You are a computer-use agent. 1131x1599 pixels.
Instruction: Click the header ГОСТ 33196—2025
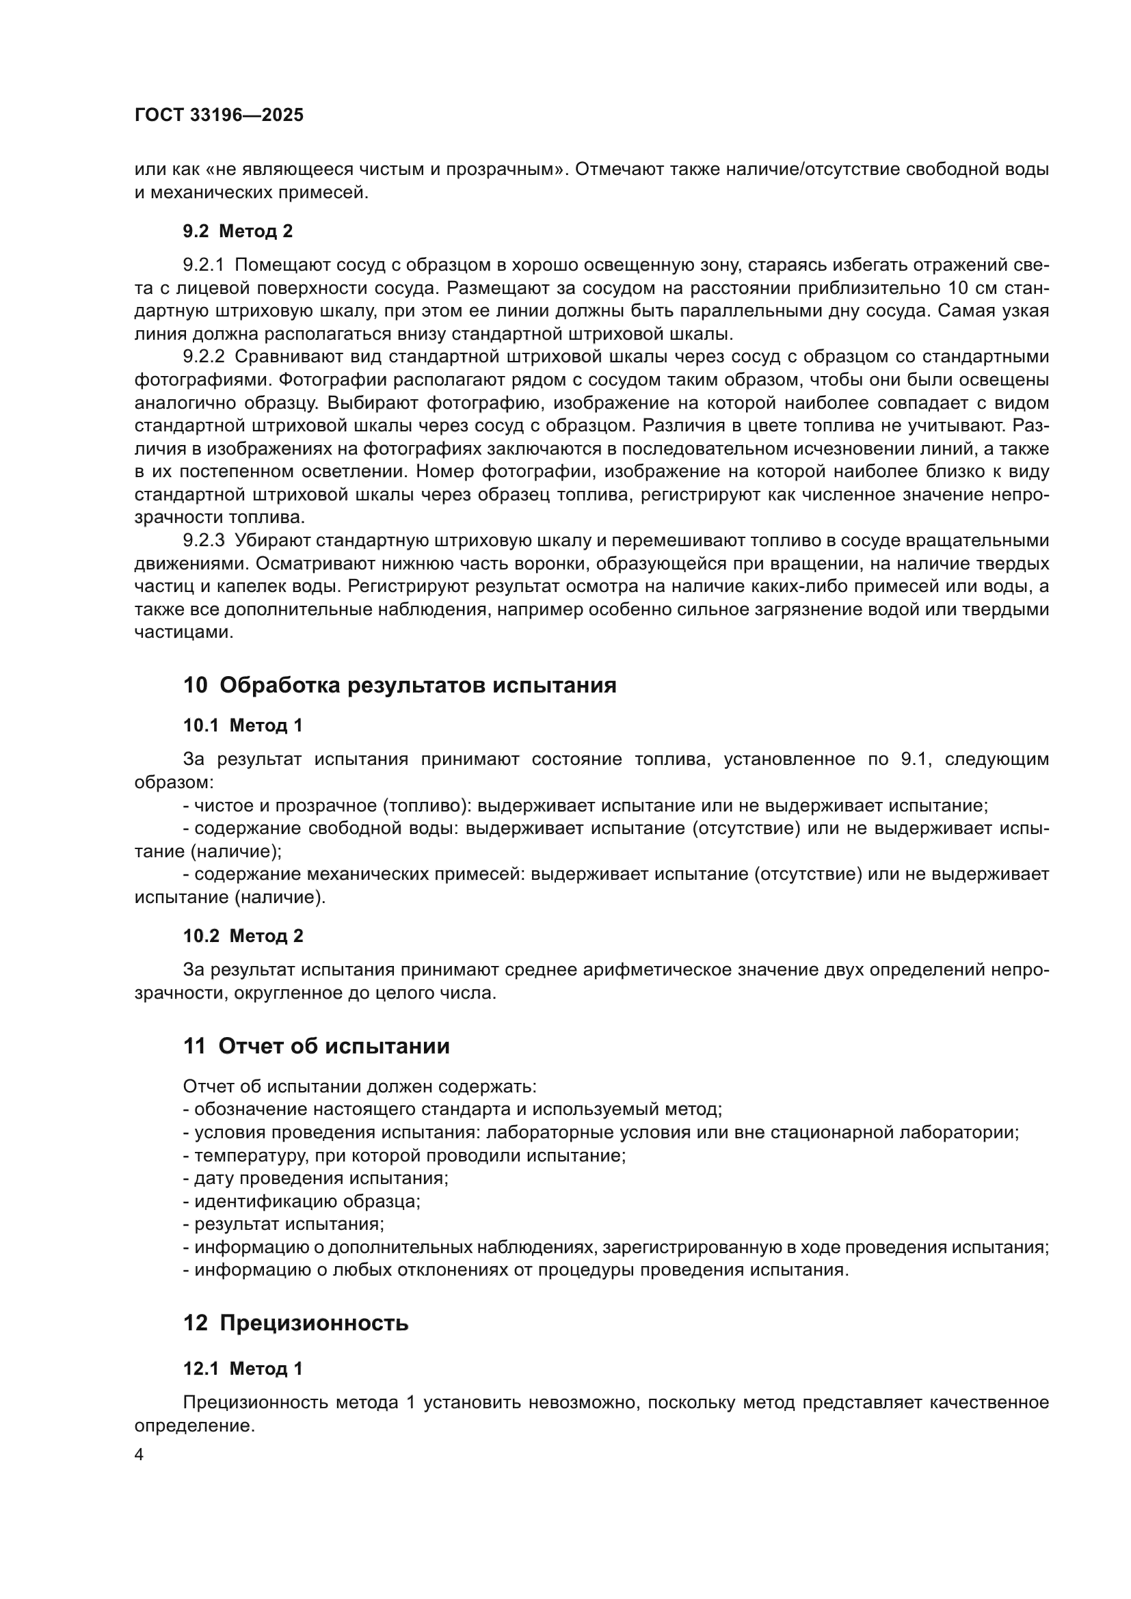click(x=219, y=116)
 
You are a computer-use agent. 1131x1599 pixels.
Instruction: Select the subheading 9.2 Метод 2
click(x=237, y=231)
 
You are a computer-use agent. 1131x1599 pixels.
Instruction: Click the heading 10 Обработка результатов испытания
click(x=399, y=685)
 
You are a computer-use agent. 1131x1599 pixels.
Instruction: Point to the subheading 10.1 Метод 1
click(x=242, y=726)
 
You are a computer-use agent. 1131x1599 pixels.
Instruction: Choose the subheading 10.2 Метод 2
click(x=242, y=936)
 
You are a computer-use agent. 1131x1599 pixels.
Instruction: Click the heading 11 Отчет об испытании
click(x=315, y=1046)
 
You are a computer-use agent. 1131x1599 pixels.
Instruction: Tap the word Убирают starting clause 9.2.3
click(x=272, y=541)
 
